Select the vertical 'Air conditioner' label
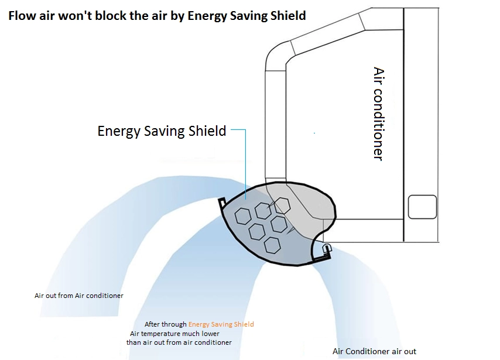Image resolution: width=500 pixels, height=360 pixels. point(378,114)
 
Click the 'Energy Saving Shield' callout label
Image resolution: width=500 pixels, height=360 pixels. point(162,131)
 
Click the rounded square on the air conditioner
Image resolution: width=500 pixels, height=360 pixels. point(422,207)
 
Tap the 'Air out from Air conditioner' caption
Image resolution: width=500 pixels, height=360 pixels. point(79,296)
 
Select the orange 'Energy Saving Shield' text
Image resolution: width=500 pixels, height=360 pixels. point(221,324)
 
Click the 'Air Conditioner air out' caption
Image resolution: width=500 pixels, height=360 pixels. point(374,351)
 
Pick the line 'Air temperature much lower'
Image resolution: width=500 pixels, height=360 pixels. point(174,334)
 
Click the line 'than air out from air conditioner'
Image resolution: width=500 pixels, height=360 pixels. point(179,342)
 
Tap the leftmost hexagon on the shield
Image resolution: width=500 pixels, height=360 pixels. point(243,216)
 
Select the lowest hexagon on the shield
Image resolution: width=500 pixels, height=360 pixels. point(272,245)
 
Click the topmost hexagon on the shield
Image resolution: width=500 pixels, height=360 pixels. point(282,206)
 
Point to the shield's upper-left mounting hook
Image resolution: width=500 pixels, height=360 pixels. point(222,203)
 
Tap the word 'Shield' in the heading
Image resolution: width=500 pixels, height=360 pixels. point(288,16)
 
